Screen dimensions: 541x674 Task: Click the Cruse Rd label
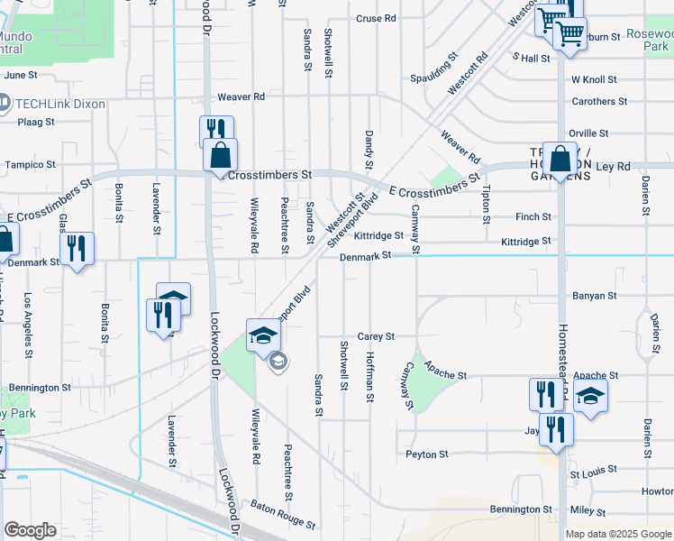[x=376, y=18]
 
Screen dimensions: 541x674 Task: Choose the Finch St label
[x=533, y=217]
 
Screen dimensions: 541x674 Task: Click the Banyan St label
[x=594, y=296]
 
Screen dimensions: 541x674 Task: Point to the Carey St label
[x=376, y=336]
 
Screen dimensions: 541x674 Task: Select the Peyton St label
[x=426, y=454]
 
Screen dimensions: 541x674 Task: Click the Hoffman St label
[x=370, y=371]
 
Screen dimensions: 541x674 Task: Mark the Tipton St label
[x=487, y=206]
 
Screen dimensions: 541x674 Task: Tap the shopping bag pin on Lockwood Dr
[x=221, y=156]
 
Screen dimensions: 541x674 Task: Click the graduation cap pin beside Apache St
[x=590, y=397]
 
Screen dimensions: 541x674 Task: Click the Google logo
[x=30, y=530]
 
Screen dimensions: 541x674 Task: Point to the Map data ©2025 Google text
[x=617, y=534]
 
